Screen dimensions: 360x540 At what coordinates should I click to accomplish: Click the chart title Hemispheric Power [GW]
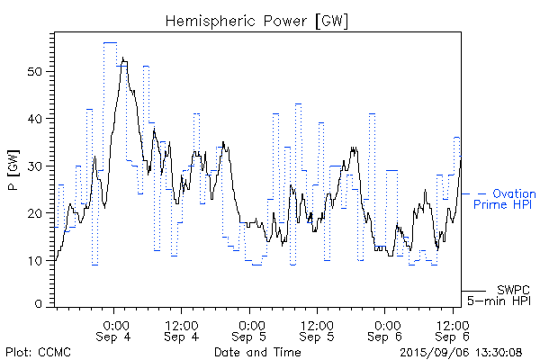[257, 20]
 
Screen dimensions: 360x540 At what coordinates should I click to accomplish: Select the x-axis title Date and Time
[257, 352]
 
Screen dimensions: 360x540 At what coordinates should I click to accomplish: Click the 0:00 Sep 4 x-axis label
[114, 330]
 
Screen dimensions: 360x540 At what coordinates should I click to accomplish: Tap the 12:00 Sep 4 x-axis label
[182, 330]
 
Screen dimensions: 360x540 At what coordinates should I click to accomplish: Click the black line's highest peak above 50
[122, 58]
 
